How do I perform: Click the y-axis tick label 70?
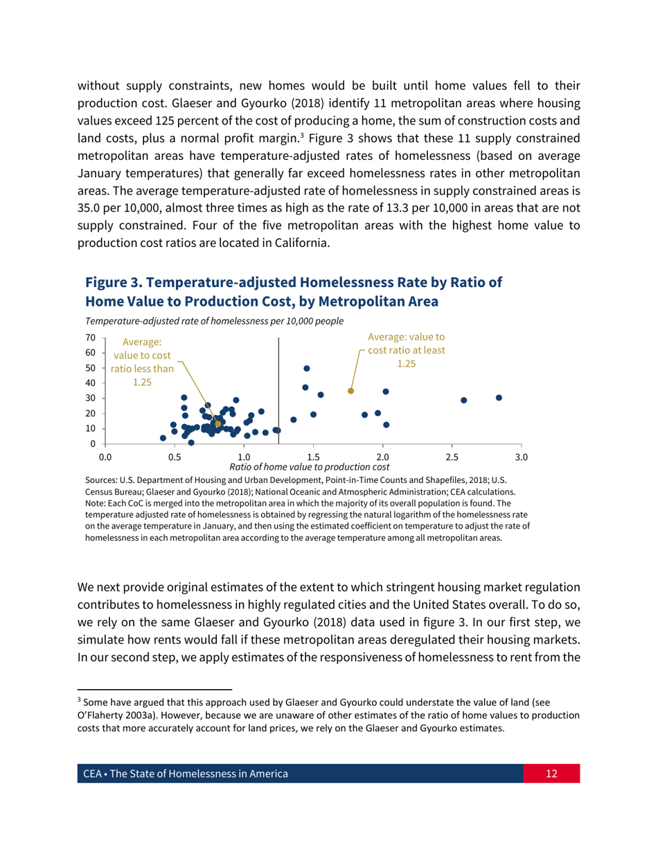click(89, 338)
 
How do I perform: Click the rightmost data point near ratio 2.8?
click(499, 398)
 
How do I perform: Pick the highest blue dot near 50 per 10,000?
click(307, 368)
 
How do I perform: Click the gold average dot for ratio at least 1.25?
click(350, 391)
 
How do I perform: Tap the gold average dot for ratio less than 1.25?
click(218, 424)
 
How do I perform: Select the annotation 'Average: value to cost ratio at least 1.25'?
click(406, 350)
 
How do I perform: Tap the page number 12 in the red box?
click(551, 774)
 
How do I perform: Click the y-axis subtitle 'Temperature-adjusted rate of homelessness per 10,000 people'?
click(214, 321)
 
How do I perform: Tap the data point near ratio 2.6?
click(464, 400)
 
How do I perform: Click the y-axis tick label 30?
click(89, 399)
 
